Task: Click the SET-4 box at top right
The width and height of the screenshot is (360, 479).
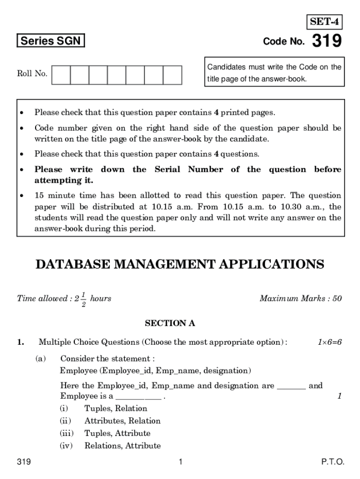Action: click(x=324, y=22)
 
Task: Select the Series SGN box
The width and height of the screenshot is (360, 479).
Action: click(x=50, y=41)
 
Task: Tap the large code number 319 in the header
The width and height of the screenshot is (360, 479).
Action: click(x=327, y=42)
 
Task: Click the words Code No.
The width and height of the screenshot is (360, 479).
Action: click(x=284, y=42)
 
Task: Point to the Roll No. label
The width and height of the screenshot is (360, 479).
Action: click(x=32, y=73)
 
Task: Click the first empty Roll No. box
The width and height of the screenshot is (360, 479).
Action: click(x=61, y=74)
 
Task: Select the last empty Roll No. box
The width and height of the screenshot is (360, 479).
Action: click(x=172, y=74)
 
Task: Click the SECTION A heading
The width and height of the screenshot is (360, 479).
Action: click(x=170, y=323)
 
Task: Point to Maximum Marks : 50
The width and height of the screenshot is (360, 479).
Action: click(x=301, y=298)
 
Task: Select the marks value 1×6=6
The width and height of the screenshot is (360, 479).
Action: click(x=330, y=342)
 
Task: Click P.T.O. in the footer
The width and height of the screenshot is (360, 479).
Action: click(x=332, y=462)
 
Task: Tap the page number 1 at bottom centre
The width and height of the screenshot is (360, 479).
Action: click(x=180, y=462)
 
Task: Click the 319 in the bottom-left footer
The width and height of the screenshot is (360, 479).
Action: click(x=24, y=462)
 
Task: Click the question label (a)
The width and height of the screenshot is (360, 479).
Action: click(x=41, y=359)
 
